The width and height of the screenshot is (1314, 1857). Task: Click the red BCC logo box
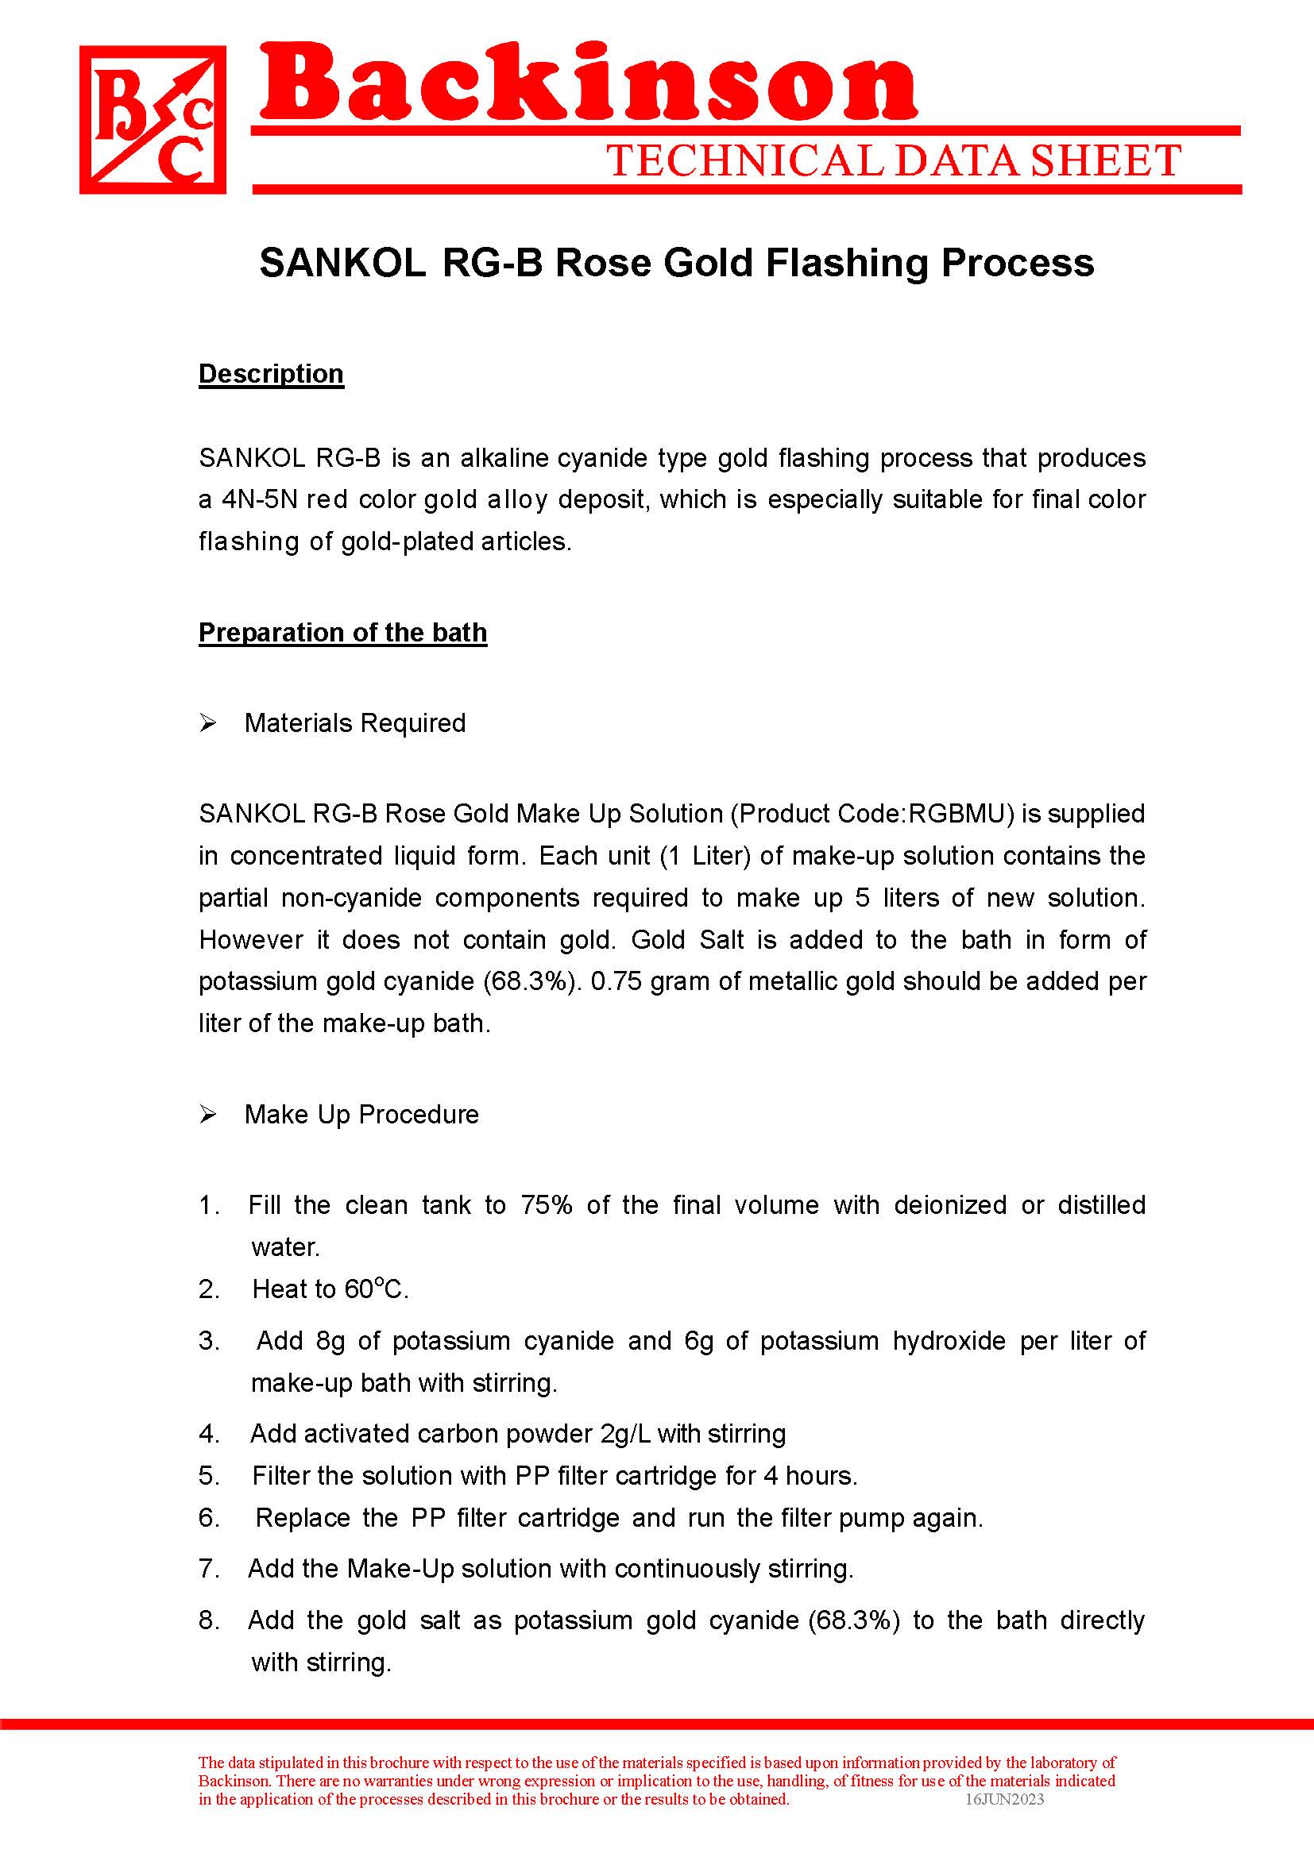coord(152,119)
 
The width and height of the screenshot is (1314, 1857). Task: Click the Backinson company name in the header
coord(588,84)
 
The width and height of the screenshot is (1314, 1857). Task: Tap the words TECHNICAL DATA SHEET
coord(893,161)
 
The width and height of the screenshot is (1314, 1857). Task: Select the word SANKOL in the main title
coord(342,263)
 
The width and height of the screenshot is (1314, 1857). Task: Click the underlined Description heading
coord(271,374)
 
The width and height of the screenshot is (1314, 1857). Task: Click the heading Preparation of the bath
coord(342,633)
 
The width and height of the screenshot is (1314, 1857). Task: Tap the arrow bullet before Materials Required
coord(208,723)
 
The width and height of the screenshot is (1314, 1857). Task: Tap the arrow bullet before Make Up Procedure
coord(208,1115)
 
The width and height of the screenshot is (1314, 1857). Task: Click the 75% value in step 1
coord(546,1205)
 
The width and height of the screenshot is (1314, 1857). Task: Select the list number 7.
coord(208,1569)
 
